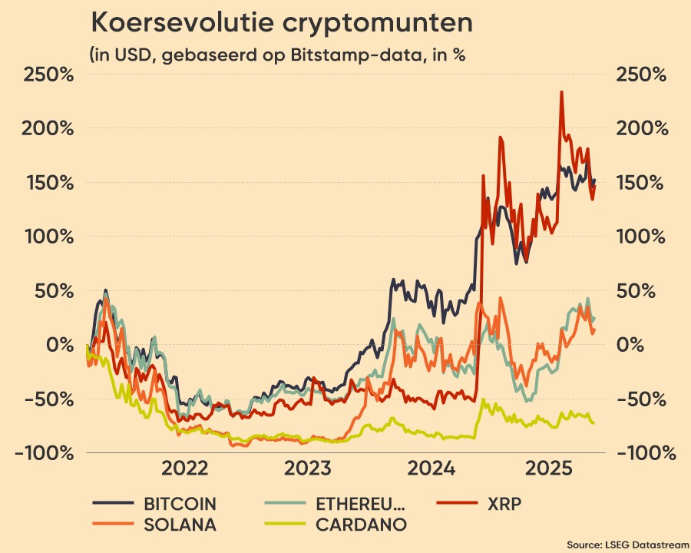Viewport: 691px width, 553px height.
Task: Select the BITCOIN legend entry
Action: coord(180,505)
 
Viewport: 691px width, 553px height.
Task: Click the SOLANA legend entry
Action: coord(180,525)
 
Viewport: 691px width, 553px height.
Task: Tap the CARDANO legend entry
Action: coord(361,525)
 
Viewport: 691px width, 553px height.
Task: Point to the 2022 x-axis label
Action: coord(185,469)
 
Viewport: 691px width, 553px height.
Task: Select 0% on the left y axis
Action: coord(58,345)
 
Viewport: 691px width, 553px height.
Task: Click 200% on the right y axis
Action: coord(642,129)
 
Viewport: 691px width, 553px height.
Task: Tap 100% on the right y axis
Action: coord(642,237)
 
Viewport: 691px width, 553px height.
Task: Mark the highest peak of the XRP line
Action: coord(561,92)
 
